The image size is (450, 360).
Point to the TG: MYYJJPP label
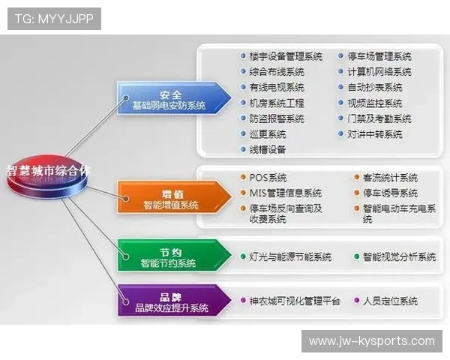pos(53,18)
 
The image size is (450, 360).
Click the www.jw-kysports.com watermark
pos(371,341)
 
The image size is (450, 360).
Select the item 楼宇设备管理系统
pos(285,56)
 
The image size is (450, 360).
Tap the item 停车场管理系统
pos(379,56)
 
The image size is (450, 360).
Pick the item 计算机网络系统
pos(379,72)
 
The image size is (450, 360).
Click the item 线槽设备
pos(267,150)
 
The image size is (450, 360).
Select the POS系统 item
pos(267,178)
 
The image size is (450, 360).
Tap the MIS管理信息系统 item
pos(284,193)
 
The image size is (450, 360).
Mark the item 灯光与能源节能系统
pos(289,257)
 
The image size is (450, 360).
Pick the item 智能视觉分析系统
pos(398,257)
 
